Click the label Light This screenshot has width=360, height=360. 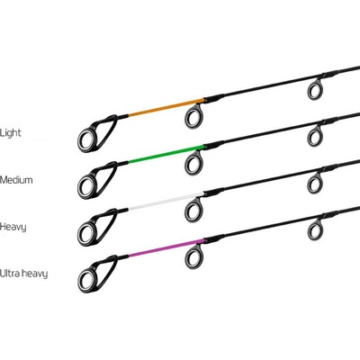click(11, 132)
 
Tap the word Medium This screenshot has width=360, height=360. click(16, 180)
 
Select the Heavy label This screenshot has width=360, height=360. click(13, 227)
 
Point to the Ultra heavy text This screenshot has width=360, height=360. click(23, 274)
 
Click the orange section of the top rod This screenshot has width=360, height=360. click(166, 107)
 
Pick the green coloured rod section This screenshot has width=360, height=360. click(166, 154)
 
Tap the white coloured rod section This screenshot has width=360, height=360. click(166, 202)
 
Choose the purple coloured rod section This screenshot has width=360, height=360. click(166, 248)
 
